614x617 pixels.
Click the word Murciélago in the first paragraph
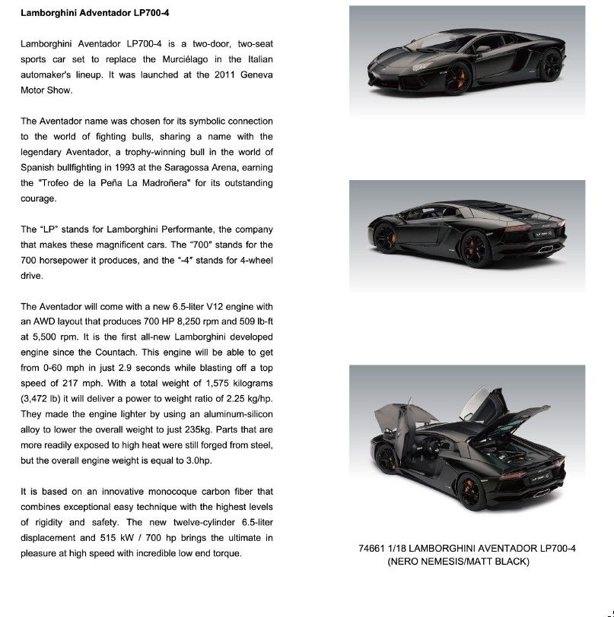187,59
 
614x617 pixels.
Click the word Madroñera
160,183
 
